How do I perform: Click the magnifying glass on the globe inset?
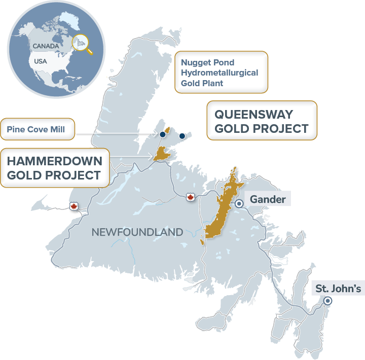click(82, 43)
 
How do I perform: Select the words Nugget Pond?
click(208, 62)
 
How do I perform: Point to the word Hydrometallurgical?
click(220, 73)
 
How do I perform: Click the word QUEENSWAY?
click(253, 115)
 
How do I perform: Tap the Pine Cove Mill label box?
click(36, 129)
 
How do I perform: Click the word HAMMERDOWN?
click(54, 161)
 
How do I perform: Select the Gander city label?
click(267, 199)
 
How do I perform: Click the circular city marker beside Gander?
click(239, 203)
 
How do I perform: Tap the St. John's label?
click(338, 289)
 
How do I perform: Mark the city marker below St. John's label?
click(327, 301)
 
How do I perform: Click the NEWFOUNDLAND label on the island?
click(137, 232)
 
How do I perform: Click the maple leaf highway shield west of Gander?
click(191, 197)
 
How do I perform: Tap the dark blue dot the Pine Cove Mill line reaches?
click(163, 134)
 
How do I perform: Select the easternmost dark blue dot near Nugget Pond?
click(182, 136)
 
